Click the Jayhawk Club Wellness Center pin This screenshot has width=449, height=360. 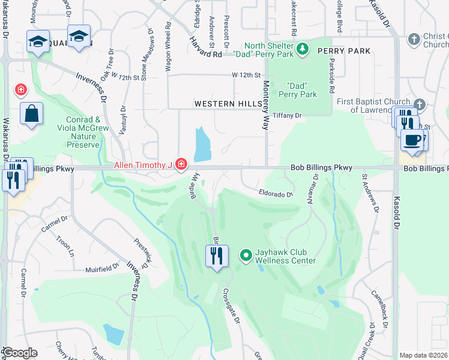coord(246,256)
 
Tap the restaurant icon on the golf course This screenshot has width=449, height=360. coord(217,257)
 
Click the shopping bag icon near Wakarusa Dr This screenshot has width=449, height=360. coord(31,113)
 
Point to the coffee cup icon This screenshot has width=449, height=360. coord(412,140)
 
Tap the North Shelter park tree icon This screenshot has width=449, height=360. coord(303,48)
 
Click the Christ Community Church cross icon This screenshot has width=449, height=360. coord(414,40)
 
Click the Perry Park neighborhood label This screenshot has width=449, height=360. coord(344,52)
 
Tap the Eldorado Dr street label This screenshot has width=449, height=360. coord(276,194)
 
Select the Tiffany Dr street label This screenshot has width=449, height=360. coord(286,115)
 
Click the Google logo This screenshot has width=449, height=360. coord(20,353)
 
